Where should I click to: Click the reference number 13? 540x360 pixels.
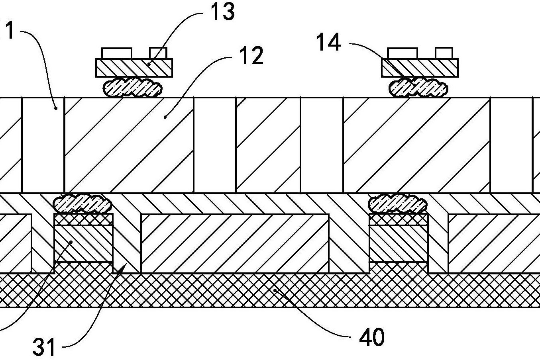click(222, 12)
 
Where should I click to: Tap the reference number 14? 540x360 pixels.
click(328, 42)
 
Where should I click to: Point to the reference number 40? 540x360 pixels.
click(372, 337)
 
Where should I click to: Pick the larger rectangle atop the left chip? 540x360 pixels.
click(117, 53)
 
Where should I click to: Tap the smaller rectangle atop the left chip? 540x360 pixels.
click(158, 53)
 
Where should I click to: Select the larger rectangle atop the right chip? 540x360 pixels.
click(403, 53)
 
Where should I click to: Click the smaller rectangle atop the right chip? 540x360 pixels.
click(444, 53)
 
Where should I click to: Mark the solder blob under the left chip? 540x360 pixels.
click(133, 87)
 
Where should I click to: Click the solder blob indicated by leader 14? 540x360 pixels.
click(418, 87)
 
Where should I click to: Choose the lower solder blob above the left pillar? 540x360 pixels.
click(82, 203)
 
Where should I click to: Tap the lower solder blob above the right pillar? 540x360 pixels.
click(398, 203)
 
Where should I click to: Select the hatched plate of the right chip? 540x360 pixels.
click(420, 68)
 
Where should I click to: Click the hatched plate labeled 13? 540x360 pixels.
click(134, 68)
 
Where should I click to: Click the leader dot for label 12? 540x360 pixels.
click(165, 117)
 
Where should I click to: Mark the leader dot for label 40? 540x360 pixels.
click(275, 291)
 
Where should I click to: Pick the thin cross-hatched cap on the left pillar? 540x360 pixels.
click(83, 219)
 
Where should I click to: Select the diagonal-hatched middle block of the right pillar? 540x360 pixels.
click(399, 243)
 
